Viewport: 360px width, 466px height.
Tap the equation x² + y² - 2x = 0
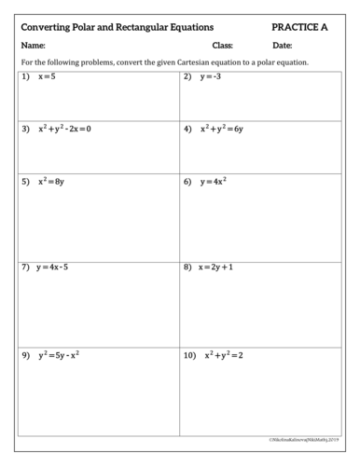tap(65, 129)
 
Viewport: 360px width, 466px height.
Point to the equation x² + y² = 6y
tap(221, 129)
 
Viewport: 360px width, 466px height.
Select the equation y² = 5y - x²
tap(58, 356)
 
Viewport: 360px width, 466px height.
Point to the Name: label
tap(33, 46)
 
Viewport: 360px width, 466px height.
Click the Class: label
tap(223, 46)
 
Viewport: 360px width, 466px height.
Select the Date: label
tap(283, 46)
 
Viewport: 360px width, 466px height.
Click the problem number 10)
tap(190, 356)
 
